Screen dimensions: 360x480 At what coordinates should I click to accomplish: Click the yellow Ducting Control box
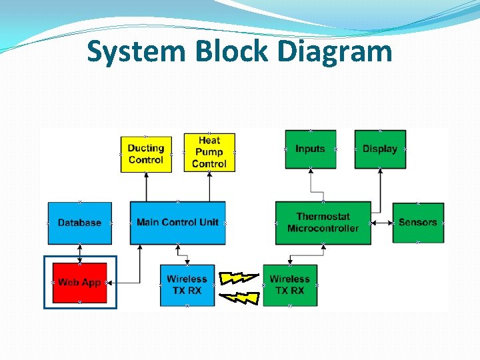coord(145,154)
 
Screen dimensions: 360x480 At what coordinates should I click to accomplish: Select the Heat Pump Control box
coord(209,152)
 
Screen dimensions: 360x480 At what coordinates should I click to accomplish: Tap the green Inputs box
coord(310,149)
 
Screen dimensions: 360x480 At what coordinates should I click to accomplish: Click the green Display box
coord(380,149)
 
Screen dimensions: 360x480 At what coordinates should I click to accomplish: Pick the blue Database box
coord(79,223)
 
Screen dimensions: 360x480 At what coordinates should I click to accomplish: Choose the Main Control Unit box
coord(177,223)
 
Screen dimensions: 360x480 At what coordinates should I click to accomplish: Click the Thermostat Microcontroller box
coord(323,223)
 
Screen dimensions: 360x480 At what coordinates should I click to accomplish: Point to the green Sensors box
coord(418,223)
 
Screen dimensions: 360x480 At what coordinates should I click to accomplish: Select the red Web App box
coord(79,283)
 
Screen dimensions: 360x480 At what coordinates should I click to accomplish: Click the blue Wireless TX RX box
coord(187,285)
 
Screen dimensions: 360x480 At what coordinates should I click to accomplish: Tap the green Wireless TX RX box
coord(290,285)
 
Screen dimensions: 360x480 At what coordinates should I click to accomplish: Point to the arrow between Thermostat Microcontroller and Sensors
coord(381,223)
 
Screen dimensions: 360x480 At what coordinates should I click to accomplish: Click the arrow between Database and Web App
coord(79,253)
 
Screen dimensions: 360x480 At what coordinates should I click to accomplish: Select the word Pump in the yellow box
coord(209,152)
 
